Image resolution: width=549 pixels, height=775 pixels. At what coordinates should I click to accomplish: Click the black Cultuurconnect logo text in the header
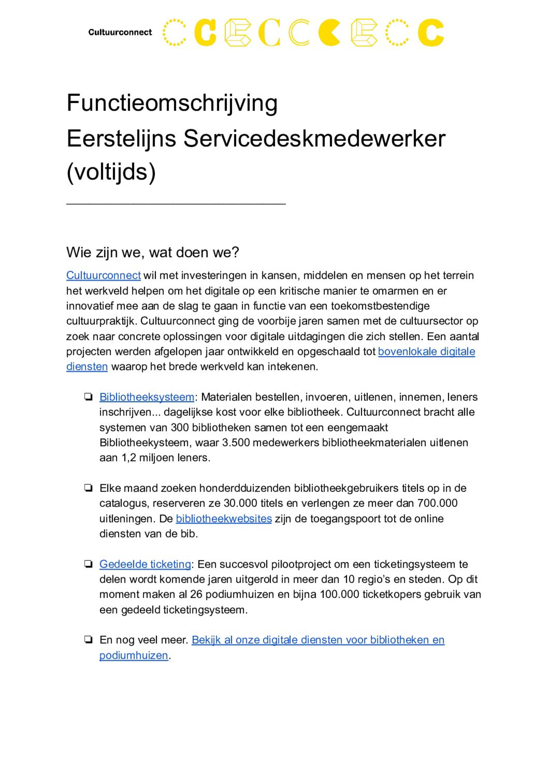coord(120,32)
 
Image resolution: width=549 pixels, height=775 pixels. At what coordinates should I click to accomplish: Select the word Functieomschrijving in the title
coord(172,103)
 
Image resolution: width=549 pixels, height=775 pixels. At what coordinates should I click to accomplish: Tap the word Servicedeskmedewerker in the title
coord(314,138)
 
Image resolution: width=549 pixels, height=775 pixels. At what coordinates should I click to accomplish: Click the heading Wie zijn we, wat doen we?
coord(152,253)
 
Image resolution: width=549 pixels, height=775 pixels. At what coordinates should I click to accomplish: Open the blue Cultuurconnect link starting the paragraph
coord(103,275)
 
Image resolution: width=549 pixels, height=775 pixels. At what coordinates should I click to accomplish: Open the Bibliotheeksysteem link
coord(147,397)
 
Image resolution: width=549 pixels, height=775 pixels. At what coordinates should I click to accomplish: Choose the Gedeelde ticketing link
coord(145,564)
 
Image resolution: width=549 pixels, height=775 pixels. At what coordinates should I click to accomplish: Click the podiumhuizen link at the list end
coord(134,655)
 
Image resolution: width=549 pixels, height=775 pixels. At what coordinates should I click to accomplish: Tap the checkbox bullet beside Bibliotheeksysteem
coord(88,397)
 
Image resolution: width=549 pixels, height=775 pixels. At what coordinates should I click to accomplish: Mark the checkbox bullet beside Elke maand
coord(88,488)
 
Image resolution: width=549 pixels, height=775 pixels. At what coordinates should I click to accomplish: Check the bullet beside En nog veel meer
coord(88,640)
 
